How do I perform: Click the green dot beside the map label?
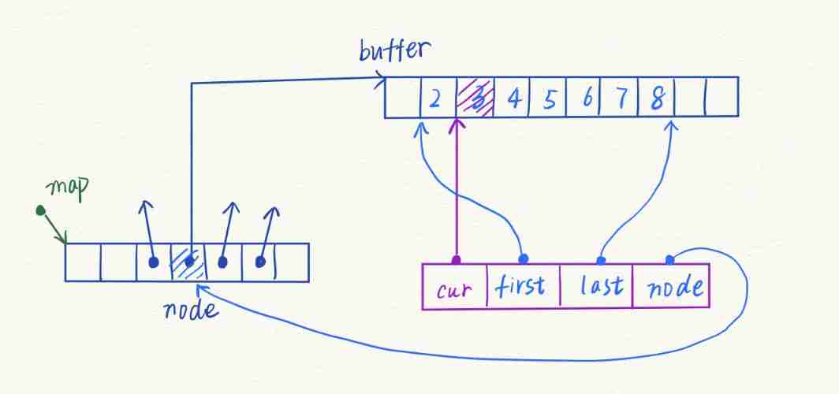point(39,210)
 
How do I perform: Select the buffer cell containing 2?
point(435,98)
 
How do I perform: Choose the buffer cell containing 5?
point(550,98)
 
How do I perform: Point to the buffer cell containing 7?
point(621,98)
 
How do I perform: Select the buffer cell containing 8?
point(657,98)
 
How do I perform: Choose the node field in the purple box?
point(672,287)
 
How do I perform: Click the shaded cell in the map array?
point(188,262)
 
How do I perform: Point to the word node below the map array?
point(188,309)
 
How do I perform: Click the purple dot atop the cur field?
point(455,259)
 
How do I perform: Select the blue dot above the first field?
point(522,258)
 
